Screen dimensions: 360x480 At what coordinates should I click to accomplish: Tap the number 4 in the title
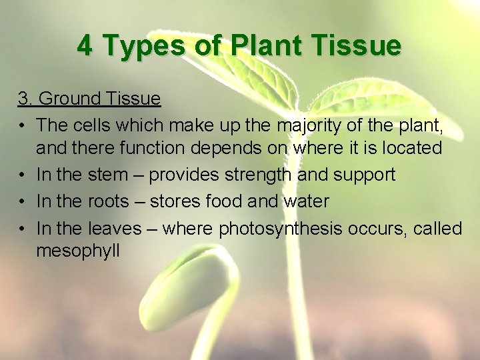pos(85,46)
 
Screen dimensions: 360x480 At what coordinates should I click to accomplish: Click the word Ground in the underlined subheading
pos(71,99)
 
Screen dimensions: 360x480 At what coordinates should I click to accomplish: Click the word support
pos(363,175)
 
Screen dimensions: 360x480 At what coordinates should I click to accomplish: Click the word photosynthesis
pos(280,229)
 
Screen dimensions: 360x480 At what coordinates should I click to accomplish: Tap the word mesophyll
pos(78,251)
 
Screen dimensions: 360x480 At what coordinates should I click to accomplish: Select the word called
pos(437,228)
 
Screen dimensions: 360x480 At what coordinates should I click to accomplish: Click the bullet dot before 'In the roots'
pos(23,202)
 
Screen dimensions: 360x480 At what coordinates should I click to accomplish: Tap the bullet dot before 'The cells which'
pos(23,125)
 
